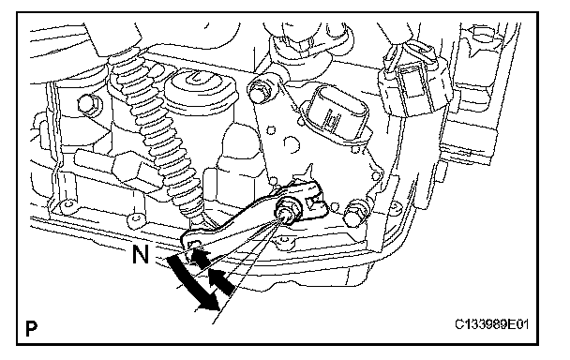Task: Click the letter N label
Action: (x=141, y=255)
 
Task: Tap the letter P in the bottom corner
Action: (x=31, y=328)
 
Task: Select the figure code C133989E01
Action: (x=491, y=324)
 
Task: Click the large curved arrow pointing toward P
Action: (x=193, y=284)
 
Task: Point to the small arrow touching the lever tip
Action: (x=200, y=257)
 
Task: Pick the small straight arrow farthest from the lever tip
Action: (x=220, y=281)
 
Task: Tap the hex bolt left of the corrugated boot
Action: (x=87, y=104)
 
